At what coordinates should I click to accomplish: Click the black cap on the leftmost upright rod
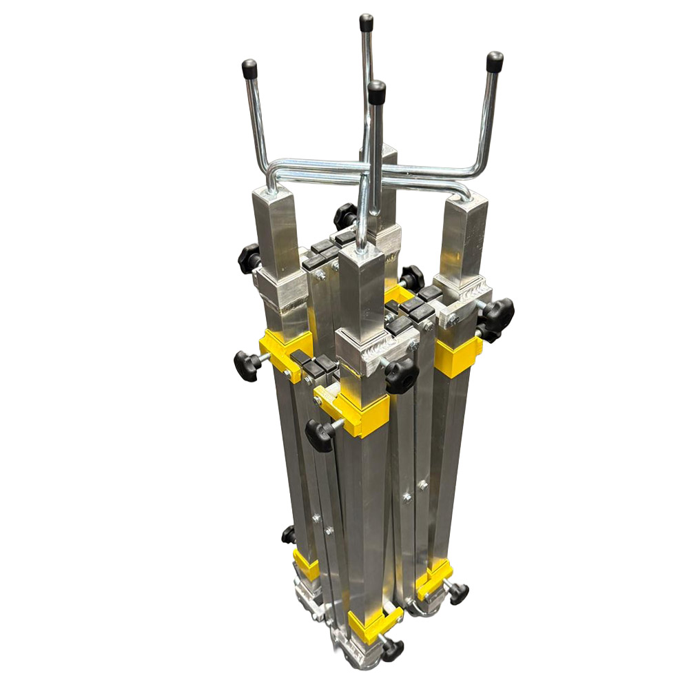coord(249,70)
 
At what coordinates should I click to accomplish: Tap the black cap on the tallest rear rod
coord(366,23)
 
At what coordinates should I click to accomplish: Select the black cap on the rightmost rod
coord(494,62)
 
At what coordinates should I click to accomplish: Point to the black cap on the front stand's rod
coord(376,92)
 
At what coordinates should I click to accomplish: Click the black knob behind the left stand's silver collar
coord(249,258)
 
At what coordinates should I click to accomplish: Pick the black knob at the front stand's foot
coord(391,648)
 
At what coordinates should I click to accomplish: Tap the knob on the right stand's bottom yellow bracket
coord(457,593)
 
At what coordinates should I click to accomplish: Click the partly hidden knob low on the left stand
coord(288,534)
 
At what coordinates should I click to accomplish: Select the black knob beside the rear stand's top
coord(345,216)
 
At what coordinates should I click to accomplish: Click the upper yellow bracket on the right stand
coord(457,356)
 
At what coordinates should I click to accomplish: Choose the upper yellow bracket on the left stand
coord(285,351)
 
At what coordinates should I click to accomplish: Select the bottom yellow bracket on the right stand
coord(433,579)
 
